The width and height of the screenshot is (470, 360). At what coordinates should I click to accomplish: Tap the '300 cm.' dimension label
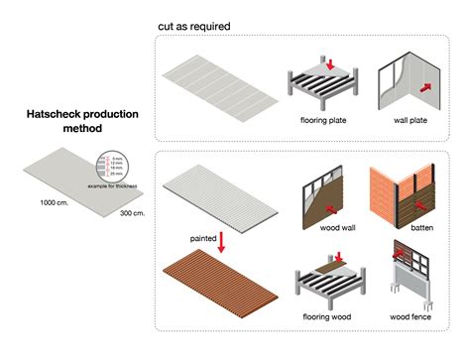[133, 213]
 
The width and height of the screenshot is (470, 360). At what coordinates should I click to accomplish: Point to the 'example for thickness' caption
[112, 186]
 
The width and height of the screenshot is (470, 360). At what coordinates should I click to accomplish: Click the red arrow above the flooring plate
[330, 63]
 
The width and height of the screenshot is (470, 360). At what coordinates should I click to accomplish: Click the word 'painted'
[204, 239]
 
